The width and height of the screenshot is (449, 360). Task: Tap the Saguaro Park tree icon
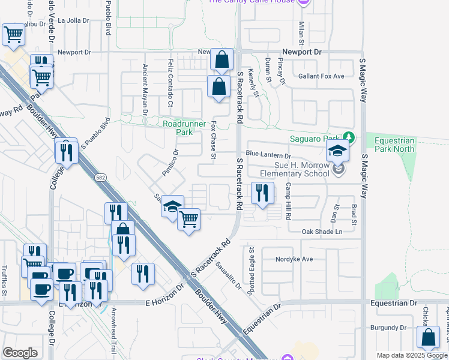[x=348, y=137]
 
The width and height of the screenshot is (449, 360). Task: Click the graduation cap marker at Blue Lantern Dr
[x=338, y=152]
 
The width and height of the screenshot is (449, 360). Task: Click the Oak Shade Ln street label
[x=322, y=232]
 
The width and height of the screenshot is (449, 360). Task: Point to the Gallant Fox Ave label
[x=321, y=76]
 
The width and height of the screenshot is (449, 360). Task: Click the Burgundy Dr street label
[x=388, y=328]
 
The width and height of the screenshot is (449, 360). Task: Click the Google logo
[x=20, y=353]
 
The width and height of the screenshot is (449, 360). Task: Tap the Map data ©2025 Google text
[x=412, y=355]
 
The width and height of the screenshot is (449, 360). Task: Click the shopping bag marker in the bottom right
[x=430, y=338]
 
